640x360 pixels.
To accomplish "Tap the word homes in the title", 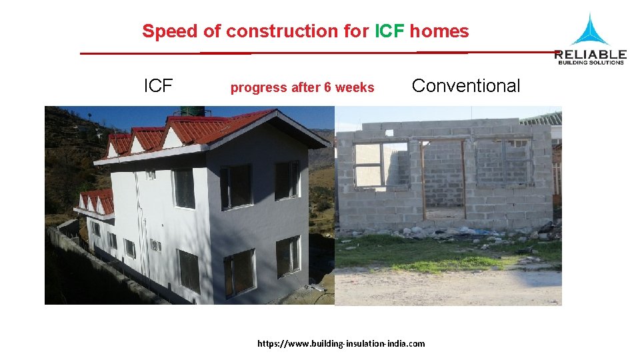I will tap(439, 31).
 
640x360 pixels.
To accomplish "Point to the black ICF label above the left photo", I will tap(158, 86).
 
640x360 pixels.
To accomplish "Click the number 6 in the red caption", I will tap(327, 87).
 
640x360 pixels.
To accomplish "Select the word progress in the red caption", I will tap(257, 88).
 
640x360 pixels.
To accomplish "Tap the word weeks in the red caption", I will tap(355, 87).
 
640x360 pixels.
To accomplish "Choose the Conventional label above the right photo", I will tap(466, 86).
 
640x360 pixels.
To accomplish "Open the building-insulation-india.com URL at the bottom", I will tap(341, 343).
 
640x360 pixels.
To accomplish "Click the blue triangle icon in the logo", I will tap(589, 31).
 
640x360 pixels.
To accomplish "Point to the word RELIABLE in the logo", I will tap(590, 54).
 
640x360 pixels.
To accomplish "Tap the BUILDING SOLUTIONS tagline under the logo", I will tap(590, 63).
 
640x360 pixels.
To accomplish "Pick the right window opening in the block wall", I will tap(505, 163).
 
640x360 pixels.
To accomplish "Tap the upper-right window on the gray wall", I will tap(287, 180).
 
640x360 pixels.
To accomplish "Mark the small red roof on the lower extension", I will tap(97, 200).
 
